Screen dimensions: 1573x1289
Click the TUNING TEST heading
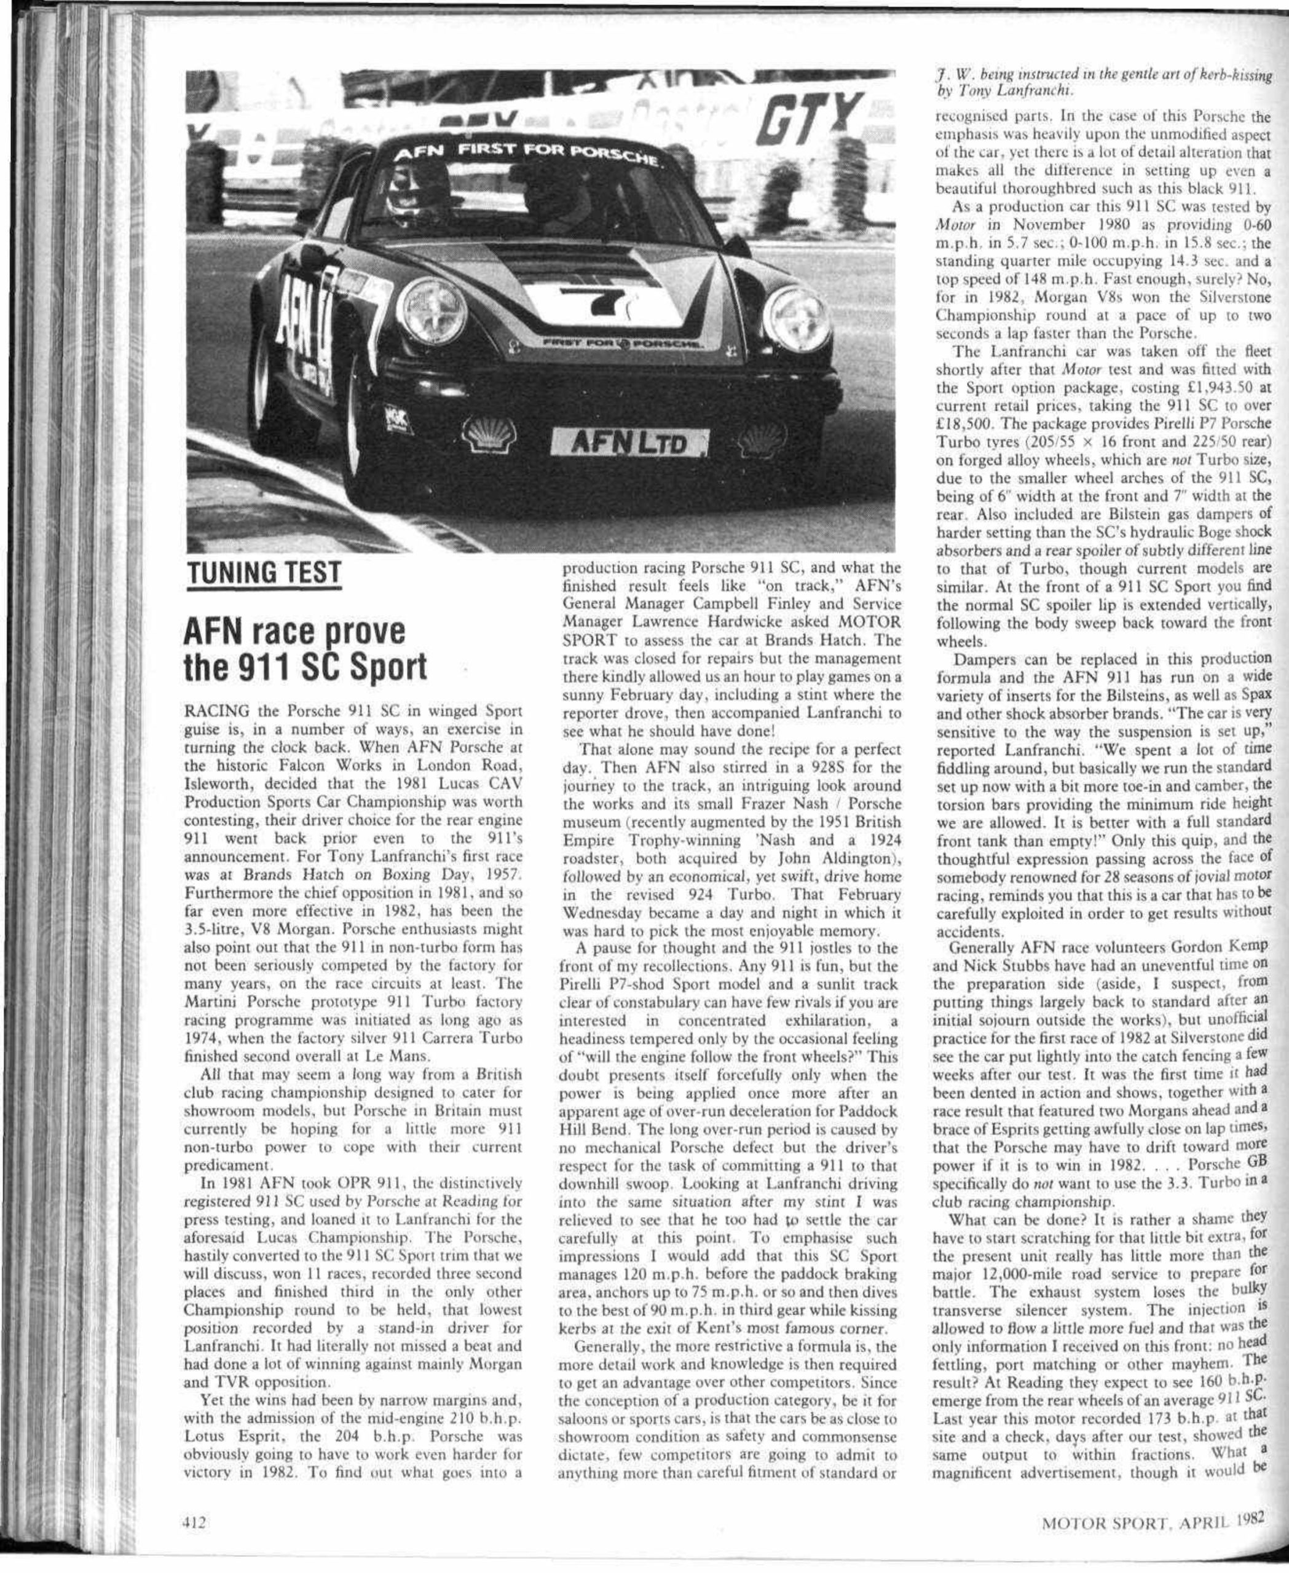pyautogui.click(x=264, y=572)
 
